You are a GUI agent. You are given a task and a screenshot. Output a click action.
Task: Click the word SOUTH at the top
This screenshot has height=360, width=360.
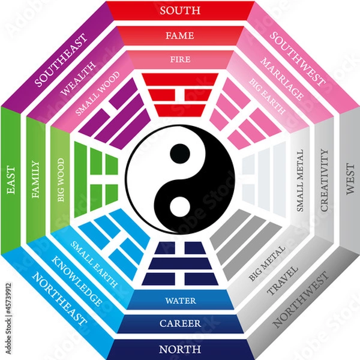point(180,10)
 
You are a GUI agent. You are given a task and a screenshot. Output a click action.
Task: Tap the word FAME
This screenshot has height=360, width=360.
point(180,35)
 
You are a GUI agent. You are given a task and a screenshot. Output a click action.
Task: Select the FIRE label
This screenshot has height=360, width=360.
point(180,59)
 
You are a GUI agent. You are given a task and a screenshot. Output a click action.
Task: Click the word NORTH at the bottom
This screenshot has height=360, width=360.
point(180,349)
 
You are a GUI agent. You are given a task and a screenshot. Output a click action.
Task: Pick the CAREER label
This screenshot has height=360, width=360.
point(180,324)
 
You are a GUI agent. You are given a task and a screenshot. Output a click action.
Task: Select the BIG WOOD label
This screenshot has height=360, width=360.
point(60,180)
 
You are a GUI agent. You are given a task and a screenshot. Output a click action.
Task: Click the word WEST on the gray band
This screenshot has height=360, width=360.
point(350,180)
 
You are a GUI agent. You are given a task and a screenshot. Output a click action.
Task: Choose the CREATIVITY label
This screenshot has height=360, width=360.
point(325,180)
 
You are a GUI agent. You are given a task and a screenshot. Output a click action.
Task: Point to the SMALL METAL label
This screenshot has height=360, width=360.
point(301,180)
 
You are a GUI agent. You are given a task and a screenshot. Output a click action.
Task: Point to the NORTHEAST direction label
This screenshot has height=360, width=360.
point(60,299)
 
